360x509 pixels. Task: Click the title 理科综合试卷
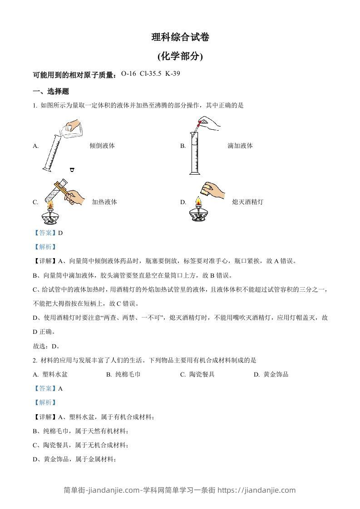pyautogui.click(x=180, y=38)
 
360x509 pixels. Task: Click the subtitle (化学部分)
pyautogui.click(x=180, y=57)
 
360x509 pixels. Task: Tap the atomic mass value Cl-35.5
pyautogui.click(x=151, y=73)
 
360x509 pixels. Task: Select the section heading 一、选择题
pyautogui.click(x=51, y=91)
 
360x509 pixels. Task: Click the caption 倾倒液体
pyautogui.click(x=102, y=146)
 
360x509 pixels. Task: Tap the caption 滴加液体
pyautogui.click(x=240, y=146)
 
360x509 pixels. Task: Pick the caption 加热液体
pyautogui.click(x=104, y=202)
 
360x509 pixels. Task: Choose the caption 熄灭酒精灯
pyautogui.click(x=247, y=202)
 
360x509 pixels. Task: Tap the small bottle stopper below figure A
pyautogui.click(x=72, y=170)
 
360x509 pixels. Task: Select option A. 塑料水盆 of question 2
pyautogui.click(x=50, y=375)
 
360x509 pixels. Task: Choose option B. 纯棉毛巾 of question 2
pyautogui.click(x=123, y=375)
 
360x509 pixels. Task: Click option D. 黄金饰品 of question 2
pyautogui.click(x=271, y=375)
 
